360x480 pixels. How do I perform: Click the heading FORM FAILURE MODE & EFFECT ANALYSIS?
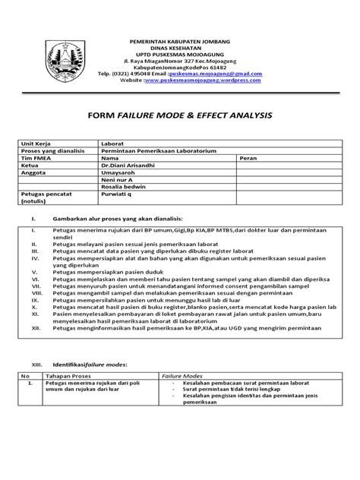click(179, 116)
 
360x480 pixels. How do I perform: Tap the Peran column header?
click(248, 158)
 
